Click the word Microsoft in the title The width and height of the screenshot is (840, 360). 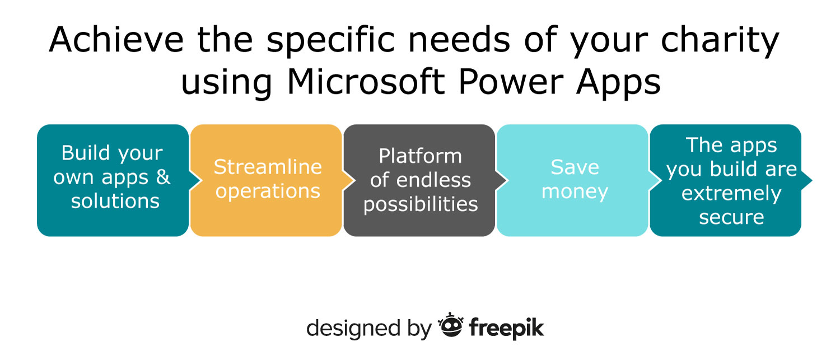tap(366, 81)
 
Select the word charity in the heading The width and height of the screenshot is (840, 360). tap(720, 41)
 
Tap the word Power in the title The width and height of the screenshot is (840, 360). tap(511, 81)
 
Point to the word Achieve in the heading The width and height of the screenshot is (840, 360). tap(116, 39)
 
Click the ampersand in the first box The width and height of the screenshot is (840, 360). tap(163, 176)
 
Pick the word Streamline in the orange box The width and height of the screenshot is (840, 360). tap(268, 166)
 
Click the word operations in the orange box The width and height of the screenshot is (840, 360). tap(268, 191)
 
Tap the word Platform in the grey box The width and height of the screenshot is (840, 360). tap(420, 156)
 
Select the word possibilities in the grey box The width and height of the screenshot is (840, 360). tap(421, 205)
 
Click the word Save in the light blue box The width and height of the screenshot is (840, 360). tap(575, 167)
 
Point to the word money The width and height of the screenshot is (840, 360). tap(575, 192)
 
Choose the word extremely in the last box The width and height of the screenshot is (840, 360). tap(731, 194)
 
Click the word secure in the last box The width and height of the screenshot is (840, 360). tap(731, 217)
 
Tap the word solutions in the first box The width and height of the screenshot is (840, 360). tap(115, 201)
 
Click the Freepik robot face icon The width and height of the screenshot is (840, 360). tap(450, 325)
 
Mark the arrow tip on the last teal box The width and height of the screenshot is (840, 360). tap(812, 180)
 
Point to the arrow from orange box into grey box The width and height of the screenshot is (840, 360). tap(348, 180)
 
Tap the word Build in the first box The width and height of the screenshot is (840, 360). tap(86, 153)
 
